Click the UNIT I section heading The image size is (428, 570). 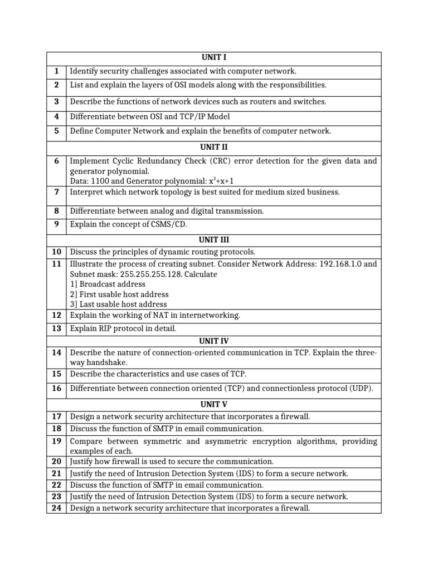213,57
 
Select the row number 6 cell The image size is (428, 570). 56,161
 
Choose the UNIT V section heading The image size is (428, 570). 213,404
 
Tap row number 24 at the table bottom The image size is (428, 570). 56,508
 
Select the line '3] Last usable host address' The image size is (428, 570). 118,304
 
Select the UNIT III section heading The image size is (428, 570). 213,239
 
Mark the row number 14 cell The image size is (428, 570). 56,352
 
